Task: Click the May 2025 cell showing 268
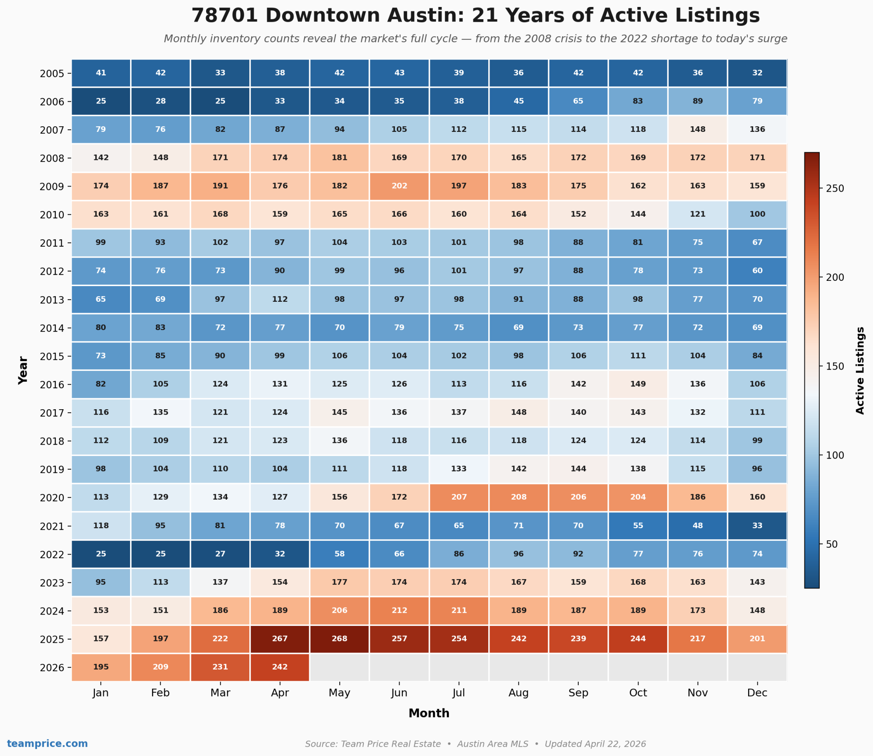339,639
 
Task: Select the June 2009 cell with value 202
399,186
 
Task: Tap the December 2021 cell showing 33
757,525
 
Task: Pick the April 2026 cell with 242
279,667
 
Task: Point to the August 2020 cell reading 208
518,497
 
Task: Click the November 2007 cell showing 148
697,129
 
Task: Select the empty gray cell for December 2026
757,667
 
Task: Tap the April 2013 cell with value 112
279,299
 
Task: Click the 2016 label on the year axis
52,385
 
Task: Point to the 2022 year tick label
52,555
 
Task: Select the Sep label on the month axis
578,693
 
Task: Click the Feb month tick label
160,693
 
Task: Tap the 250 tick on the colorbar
835,188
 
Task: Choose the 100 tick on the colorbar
835,455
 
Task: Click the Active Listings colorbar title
860,370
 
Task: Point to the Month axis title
429,713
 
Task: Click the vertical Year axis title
23,370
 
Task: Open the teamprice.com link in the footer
47,743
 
